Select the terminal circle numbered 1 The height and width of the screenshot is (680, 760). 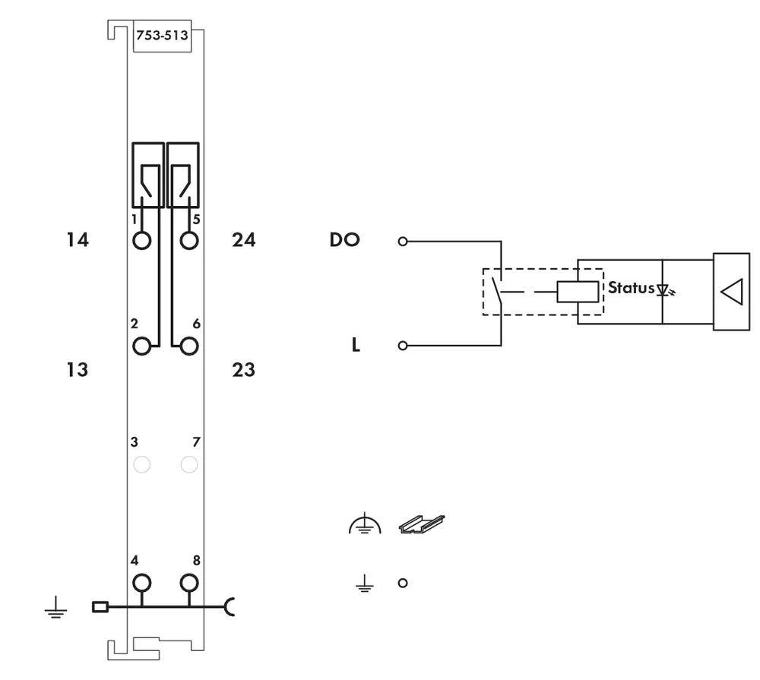coord(141,240)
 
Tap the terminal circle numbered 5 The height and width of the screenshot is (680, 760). coord(189,240)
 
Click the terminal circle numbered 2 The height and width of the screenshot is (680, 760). coord(141,346)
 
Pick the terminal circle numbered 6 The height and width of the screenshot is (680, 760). coord(189,346)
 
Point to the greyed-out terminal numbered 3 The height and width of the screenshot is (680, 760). coord(141,464)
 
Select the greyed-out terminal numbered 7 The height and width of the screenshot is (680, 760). coord(189,464)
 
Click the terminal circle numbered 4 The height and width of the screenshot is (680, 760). coord(141,584)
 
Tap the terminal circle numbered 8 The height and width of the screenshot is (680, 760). coord(189,584)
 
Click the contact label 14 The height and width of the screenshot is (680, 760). coord(76,241)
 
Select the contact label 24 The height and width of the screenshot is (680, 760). coord(243,241)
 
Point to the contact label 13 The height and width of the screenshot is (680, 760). coord(76,370)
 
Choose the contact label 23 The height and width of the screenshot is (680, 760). coord(243,370)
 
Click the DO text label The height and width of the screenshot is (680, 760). coord(344,240)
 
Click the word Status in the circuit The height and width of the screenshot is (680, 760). coord(630,289)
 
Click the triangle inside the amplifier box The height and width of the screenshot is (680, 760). coord(731,292)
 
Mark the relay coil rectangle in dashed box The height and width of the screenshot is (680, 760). coord(578,291)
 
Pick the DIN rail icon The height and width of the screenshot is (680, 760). coord(421,524)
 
